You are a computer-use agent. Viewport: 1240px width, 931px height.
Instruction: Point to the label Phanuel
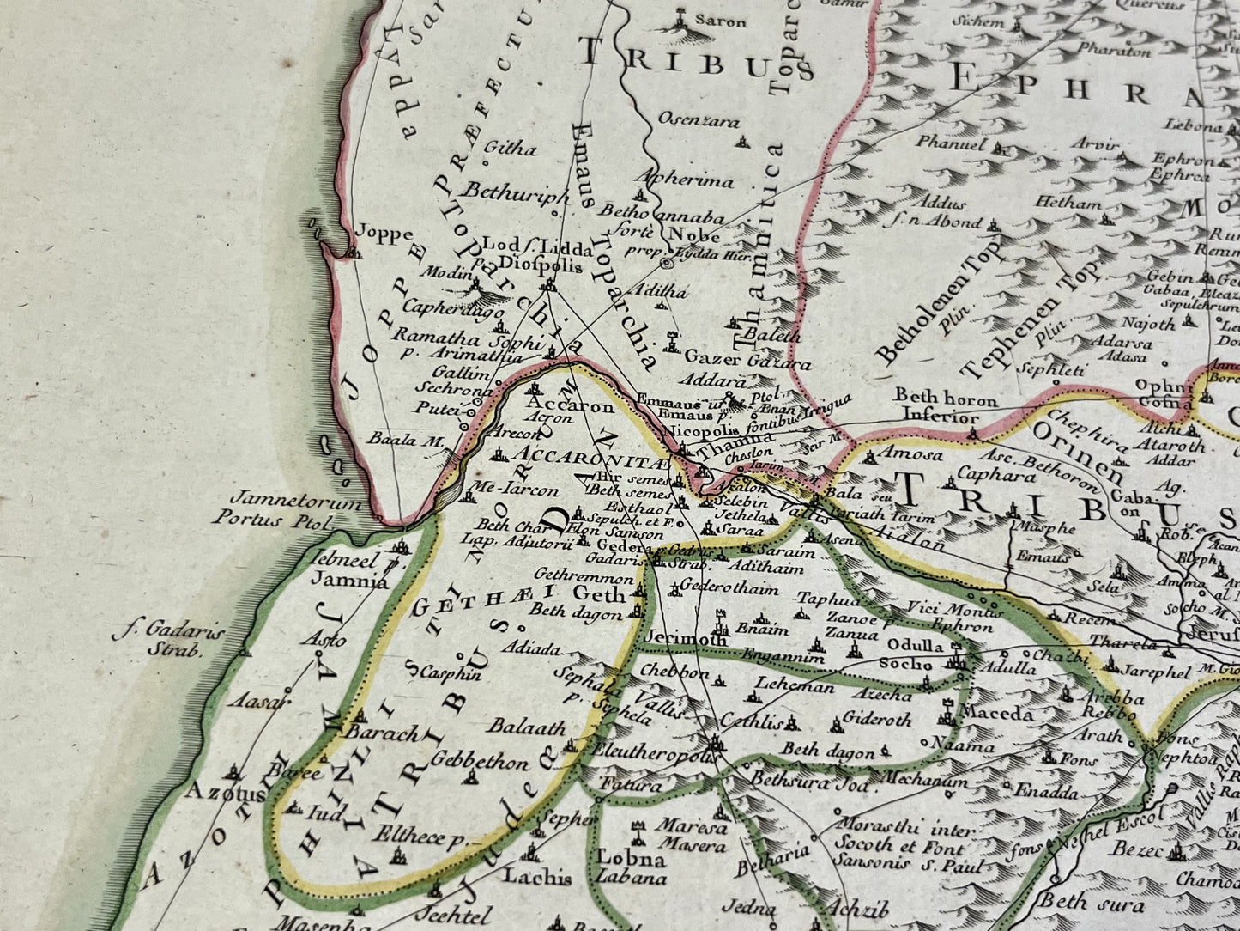pos(951,143)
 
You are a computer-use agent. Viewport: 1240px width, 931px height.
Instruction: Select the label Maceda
pos(997,713)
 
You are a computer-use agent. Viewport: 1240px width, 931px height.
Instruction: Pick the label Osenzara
pos(698,121)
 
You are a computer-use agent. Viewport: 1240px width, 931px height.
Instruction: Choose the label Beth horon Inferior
pos(947,408)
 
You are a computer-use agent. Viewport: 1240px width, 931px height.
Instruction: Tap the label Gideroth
pos(876,719)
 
